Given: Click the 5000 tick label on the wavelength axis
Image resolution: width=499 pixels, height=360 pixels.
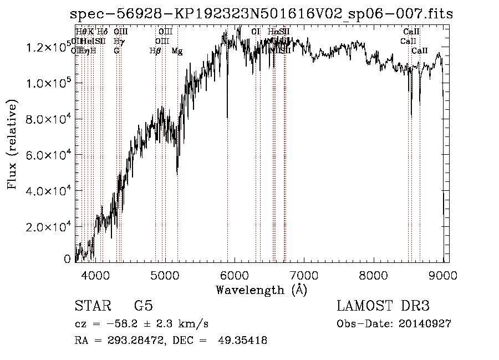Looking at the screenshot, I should pos(165,276).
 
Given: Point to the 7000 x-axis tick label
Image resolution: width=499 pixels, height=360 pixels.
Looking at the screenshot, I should pos(304,276).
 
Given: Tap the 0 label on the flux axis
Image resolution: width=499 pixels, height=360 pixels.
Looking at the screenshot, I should pos(67,259).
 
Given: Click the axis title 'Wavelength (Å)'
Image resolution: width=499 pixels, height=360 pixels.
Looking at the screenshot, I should pos(261,290).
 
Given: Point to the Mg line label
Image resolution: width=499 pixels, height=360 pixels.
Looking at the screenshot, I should pos(177,51).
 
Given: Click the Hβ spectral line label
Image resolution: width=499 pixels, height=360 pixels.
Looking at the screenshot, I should pos(155,51).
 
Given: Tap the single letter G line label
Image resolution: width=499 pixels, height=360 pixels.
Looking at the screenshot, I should pos(116,51).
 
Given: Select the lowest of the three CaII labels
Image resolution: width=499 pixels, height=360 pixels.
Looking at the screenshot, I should pos(420,51).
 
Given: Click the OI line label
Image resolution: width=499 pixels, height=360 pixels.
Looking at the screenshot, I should pos(255,32).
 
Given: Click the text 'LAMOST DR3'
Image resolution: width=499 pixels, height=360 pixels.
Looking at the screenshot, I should pos(383,306).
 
